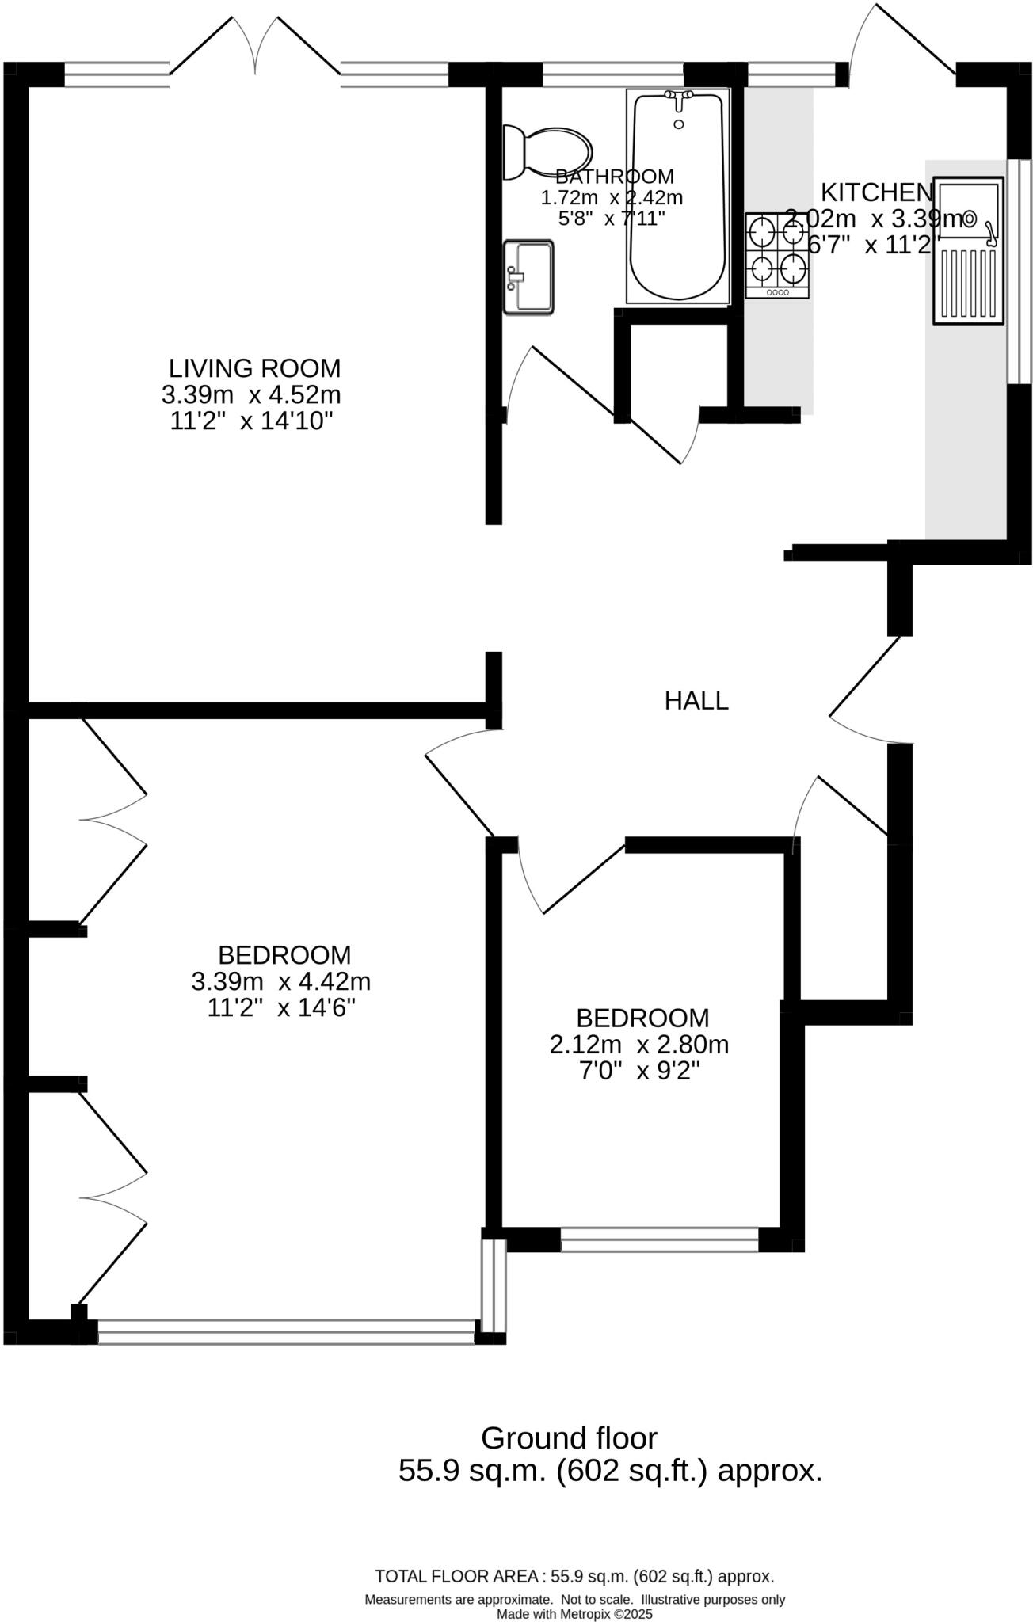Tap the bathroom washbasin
click(x=528, y=277)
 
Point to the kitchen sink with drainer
click(x=969, y=250)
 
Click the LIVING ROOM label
click(x=254, y=368)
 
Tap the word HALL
click(x=696, y=701)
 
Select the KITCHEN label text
click(x=876, y=192)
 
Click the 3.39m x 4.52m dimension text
click(x=251, y=394)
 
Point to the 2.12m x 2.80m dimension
click(x=638, y=1045)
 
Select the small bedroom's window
click(x=659, y=1239)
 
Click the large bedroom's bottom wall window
click(x=286, y=1331)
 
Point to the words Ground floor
click(x=569, y=1437)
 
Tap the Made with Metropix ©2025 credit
click(x=574, y=1614)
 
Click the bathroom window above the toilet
click(x=612, y=74)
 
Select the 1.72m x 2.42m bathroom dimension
click(x=612, y=197)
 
